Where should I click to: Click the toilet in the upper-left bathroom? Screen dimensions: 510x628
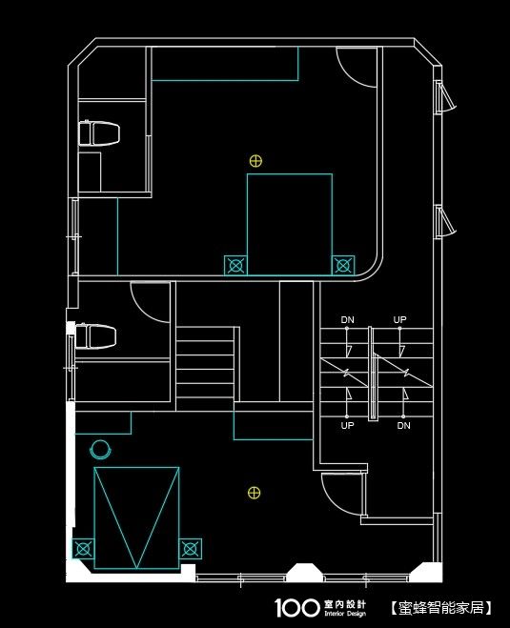tap(99, 133)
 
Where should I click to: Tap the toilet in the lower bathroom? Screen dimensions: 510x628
tap(96, 336)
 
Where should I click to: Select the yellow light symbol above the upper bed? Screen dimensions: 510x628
tap(255, 161)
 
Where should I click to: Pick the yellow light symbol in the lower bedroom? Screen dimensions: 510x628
tap(254, 493)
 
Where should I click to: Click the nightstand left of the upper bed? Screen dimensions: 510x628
tap(235, 265)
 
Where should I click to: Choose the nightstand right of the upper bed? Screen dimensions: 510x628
tap(343, 265)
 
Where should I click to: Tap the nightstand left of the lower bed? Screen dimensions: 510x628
tap(83, 549)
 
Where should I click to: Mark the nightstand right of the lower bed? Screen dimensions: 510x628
tap(191, 549)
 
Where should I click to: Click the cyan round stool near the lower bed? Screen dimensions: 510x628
tap(100, 450)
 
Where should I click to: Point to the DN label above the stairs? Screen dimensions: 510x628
tap(347, 319)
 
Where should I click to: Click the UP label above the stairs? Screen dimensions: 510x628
tap(399, 319)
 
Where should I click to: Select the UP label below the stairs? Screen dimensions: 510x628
tap(347, 425)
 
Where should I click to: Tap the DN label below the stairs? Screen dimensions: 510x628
tap(404, 425)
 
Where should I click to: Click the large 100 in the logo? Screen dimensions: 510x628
tap(297, 607)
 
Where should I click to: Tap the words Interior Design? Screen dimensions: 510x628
tap(345, 614)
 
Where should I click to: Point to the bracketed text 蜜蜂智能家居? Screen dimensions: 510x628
tap(440, 608)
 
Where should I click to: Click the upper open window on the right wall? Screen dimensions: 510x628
tap(445, 96)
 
